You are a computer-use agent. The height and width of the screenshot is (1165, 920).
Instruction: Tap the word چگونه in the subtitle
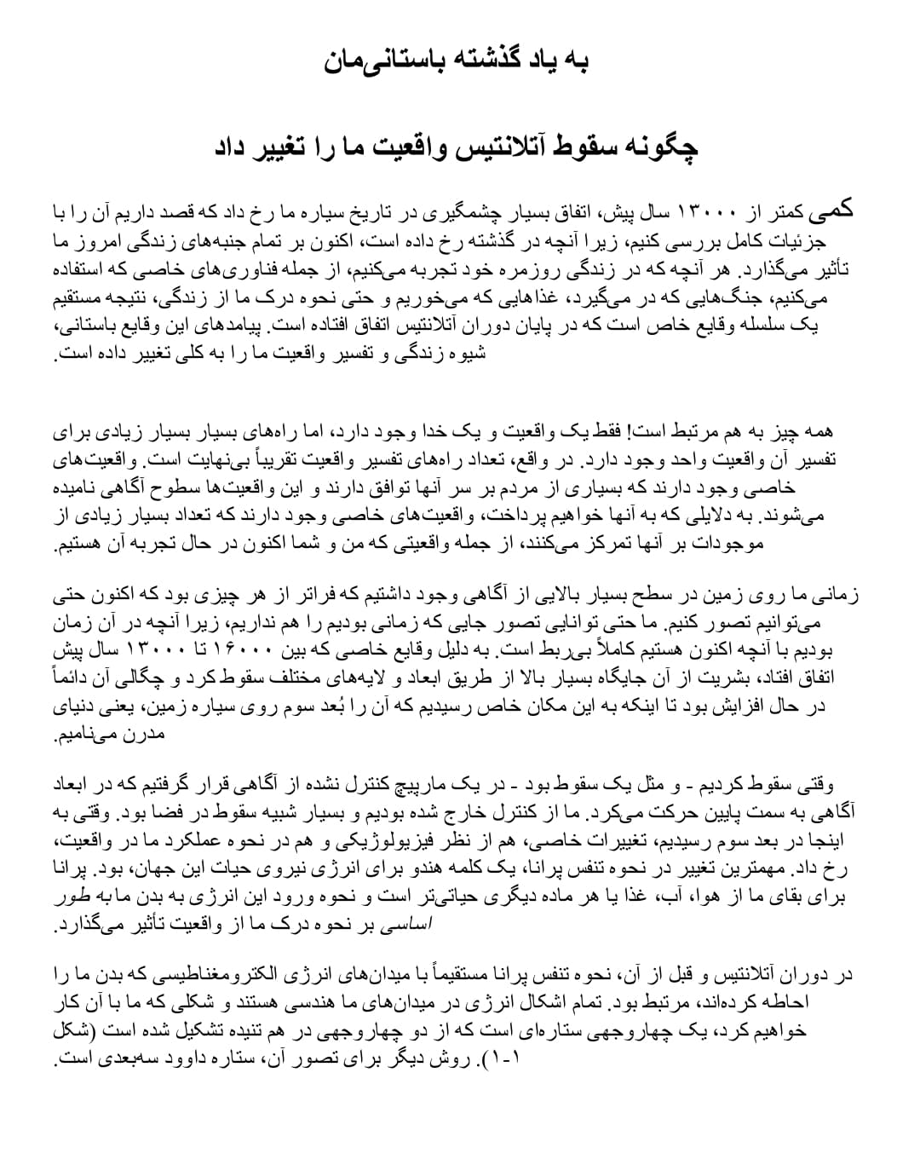point(661,147)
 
